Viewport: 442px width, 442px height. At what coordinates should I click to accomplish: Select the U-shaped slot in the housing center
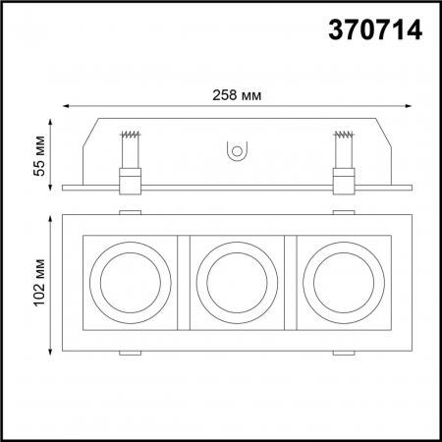click(x=235, y=150)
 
